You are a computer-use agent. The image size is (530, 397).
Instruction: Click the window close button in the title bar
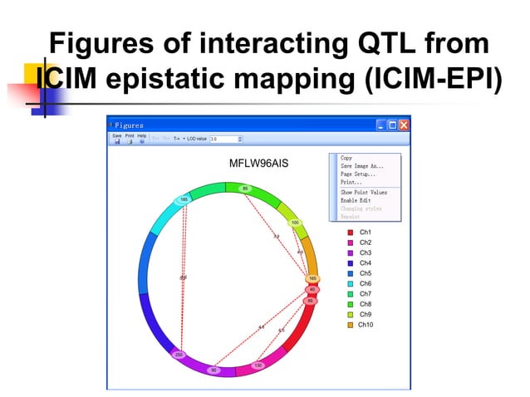tap(404, 125)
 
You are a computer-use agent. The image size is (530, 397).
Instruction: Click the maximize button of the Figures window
tap(392, 125)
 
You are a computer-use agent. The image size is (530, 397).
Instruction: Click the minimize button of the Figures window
tap(381, 125)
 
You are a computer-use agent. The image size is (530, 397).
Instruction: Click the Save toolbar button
tap(117, 138)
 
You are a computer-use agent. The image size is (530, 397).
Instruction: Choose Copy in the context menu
tap(346, 158)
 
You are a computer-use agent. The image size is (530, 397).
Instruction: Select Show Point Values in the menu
tap(364, 192)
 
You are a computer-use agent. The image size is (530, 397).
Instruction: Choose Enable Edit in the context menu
tap(356, 200)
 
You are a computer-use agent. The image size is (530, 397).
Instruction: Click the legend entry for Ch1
tap(364, 233)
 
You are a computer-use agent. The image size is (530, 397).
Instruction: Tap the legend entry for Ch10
tap(366, 325)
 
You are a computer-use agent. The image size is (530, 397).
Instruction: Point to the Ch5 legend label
tap(364, 273)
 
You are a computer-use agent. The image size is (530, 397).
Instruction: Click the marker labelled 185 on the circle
tap(184, 199)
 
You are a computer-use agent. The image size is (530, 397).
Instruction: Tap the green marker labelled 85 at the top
tap(244, 189)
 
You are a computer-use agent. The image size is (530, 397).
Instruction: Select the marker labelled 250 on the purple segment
tap(179, 355)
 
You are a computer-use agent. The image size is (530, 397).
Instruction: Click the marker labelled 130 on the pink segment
tap(258, 365)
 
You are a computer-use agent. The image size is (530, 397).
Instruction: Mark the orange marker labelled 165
tap(312, 279)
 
